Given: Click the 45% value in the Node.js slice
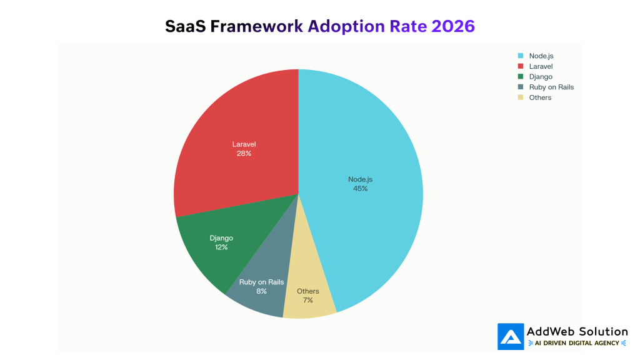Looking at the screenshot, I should pyautogui.click(x=360, y=188).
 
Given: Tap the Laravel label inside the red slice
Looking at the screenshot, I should pyautogui.click(x=244, y=144).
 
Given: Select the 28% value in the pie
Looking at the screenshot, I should pyautogui.click(x=244, y=153).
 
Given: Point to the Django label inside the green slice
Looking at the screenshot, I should pyautogui.click(x=221, y=238).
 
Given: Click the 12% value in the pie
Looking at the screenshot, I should pyautogui.click(x=221, y=247).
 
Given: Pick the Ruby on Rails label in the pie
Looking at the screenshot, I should pyautogui.click(x=261, y=282).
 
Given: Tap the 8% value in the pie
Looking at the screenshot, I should pyautogui.click(x=261, y=291).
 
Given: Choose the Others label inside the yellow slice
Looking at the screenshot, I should pyautogui.click(x=307, y=291).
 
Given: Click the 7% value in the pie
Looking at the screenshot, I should pyautogui.click(x=307, y=300).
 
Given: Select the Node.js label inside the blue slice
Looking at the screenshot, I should pyautogui.click(x=360, y=179).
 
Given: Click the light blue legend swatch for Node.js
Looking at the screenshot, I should pyautogui.click(x=520, y=56).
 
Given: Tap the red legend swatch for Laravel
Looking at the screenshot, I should pyautogui.click(x=520, y=66).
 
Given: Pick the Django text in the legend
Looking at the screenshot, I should pyautogui.click(x=540, y=76).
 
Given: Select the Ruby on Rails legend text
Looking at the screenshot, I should pyautogui.click(x=551, y=87).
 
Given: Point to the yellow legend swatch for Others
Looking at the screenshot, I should pyautogui.click(x=520, y=97).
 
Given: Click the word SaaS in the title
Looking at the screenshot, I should pyautogui.click(x=186, y=26).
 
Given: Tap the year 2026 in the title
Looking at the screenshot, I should pyautogui.click(x=452, y=26).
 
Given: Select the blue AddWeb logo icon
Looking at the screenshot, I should pyautogui.click(x=510, y=336).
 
